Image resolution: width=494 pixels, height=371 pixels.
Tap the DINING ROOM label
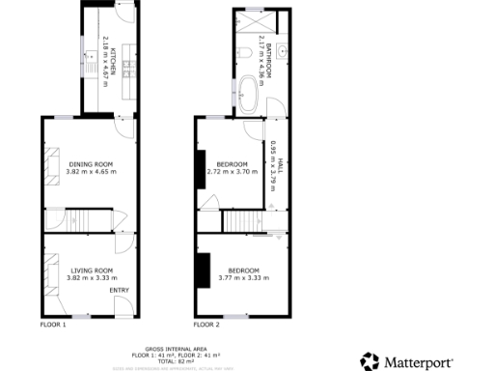coord(91,164)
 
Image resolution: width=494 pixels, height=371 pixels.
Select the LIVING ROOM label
coord(91,270)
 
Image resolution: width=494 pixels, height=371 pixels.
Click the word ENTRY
coord(120,290)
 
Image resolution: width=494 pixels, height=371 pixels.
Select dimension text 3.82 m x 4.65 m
coord(91,172)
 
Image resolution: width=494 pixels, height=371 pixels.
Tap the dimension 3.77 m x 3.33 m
coord(243,277)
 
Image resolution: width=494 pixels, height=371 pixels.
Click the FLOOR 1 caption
coord(53,325)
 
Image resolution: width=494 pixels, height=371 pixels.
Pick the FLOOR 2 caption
coord(206,325)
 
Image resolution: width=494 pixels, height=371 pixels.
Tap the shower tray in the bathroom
coord(253,20)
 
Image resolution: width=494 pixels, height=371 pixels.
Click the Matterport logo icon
coord(370,360)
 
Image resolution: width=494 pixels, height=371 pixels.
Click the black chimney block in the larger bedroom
coord(204,271)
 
